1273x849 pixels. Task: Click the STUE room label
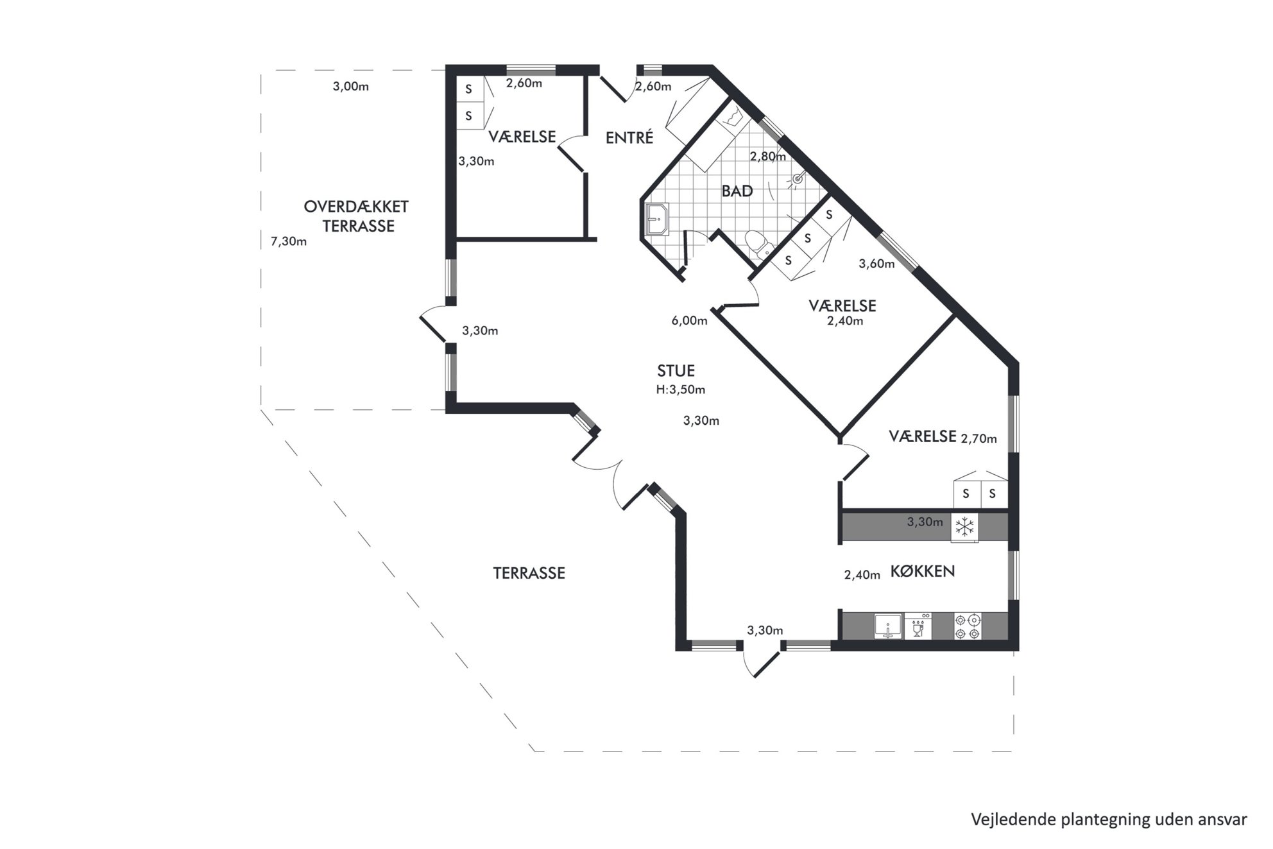point(676,371)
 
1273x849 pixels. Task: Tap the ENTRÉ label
point(629,137)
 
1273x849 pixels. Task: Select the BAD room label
point(737,191)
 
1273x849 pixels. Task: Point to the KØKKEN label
point(923,571)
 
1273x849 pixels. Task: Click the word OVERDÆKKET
point(356,207)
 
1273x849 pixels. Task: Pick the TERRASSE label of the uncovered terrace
point(529,573)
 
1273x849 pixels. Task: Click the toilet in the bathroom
point(758,244)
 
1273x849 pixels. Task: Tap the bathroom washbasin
point(656,219)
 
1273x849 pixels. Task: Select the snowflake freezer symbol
point(965,527)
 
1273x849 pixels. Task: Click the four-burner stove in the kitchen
point(968,626)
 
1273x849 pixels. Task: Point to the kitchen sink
point(889,626)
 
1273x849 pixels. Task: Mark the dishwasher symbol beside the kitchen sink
point(918,626)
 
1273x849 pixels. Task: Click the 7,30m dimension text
point(289,241)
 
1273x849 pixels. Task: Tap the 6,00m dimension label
point(690,321)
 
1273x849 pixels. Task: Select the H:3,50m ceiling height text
point(680,390)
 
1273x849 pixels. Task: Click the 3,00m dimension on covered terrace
point(351,87)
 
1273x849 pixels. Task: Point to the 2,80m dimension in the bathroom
point(768,156)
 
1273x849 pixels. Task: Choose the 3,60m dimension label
point(876,264)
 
